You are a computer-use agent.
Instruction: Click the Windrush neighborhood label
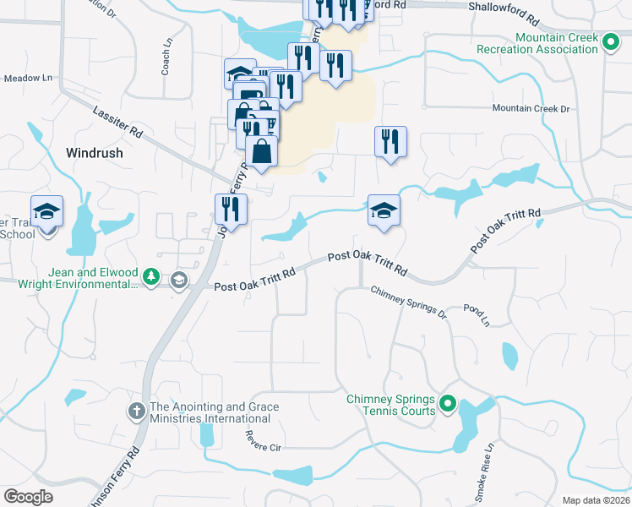(x=94, y=153)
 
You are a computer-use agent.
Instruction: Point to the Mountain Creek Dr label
(x=531, y=108)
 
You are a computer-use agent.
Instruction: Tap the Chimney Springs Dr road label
(x=408, y=301)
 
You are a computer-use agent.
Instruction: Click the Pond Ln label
(x=477, y=316)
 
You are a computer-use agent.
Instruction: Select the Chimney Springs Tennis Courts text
(x=390, y=405)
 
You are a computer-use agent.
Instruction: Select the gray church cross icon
(x=136, y=412)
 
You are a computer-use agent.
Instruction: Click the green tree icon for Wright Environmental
(x=150, y=278)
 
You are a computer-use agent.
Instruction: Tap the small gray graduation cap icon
(x=178, y=280)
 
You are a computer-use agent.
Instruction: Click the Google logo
(x=29, y=496)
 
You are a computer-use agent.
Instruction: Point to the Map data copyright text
(x=597, y=500)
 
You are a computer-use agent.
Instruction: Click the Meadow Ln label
(x=28, y=79)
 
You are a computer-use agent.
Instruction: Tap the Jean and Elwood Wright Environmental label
(x=78, y=279)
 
